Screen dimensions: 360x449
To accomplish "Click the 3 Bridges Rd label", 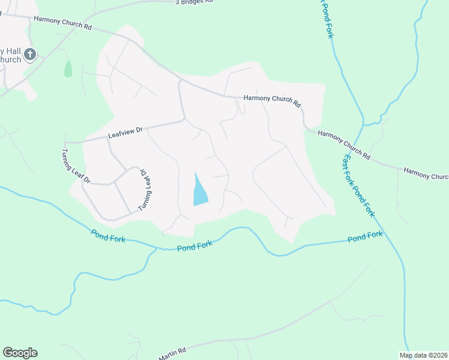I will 194,2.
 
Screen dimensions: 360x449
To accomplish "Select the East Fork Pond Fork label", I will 359,185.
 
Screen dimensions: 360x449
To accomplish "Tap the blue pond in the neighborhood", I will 199,190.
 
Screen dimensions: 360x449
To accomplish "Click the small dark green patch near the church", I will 68,68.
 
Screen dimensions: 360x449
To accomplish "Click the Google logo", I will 20,353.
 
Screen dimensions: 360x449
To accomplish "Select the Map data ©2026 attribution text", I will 424,355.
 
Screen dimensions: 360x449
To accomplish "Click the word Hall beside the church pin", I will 13,50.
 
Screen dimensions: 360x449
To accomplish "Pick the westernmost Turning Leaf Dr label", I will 76,166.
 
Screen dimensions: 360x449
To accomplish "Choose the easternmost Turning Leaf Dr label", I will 143,189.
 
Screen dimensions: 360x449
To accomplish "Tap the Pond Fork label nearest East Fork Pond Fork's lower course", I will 365,236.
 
